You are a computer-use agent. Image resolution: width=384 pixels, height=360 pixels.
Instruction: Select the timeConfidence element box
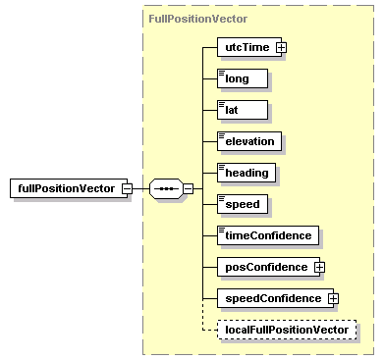coord(267,235)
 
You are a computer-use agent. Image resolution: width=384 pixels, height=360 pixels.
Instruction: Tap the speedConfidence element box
coord(272,298)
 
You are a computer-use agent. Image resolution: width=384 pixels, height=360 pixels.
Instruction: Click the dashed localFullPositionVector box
coord(287,330)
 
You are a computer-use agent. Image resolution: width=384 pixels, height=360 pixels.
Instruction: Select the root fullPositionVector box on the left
coord(64,188)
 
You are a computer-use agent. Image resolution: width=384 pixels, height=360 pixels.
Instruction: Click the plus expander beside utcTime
coord(281,47)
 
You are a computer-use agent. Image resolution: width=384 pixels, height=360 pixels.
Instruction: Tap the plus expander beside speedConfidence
coord(333,298)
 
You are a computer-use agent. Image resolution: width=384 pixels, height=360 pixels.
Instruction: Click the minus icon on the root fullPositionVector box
coord(127,188)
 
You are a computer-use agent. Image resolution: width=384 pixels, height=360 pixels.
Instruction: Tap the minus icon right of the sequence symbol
coord(187,188)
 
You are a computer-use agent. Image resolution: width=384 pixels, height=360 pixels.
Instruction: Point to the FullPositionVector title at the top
coord(197,19)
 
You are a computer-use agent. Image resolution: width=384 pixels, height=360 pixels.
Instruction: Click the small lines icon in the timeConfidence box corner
coord(223,229)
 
